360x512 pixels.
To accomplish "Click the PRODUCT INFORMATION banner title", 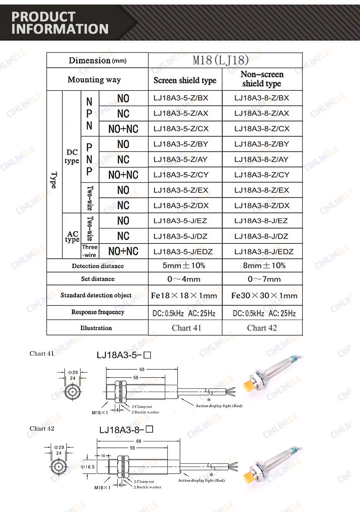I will tap(60, 23).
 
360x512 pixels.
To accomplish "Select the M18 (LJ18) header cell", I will tap(220, 60).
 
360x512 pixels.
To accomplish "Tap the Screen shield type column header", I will tap(185, 80).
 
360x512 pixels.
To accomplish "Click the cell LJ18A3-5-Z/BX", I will tap(181, 98).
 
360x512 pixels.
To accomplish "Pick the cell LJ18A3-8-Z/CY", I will tap(262, 175).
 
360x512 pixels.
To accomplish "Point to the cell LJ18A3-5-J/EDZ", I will tap(183, 251).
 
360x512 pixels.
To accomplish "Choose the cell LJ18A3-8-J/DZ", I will tap(261, 236).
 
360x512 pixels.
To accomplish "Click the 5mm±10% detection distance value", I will tap(184, 266).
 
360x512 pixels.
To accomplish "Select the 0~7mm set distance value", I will tap(264, 279).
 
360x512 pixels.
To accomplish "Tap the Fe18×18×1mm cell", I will tap(184, 296).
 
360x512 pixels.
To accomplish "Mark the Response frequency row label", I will tap(98, 312).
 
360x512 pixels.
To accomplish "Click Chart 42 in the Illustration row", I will tap(262, 328).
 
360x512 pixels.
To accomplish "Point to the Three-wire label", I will tap(90, 251).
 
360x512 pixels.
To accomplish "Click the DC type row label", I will tap(72, 157).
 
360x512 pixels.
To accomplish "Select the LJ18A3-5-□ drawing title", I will tap(123, 355).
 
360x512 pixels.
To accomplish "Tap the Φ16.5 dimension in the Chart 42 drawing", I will tap(87, 467).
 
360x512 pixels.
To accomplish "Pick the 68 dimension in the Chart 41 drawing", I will tap(142, 369).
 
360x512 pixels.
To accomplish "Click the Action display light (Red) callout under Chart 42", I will tap(201, 480).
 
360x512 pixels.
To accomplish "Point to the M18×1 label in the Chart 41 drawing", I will tap(100, 413).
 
